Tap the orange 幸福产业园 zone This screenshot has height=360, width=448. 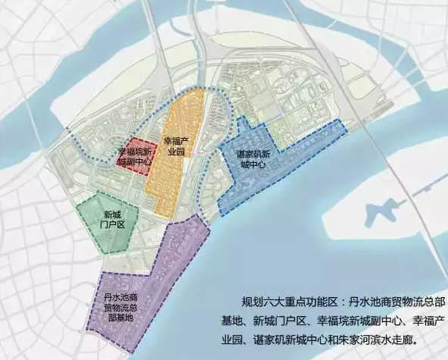[177, 174]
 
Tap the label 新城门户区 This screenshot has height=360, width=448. [114, 219]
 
